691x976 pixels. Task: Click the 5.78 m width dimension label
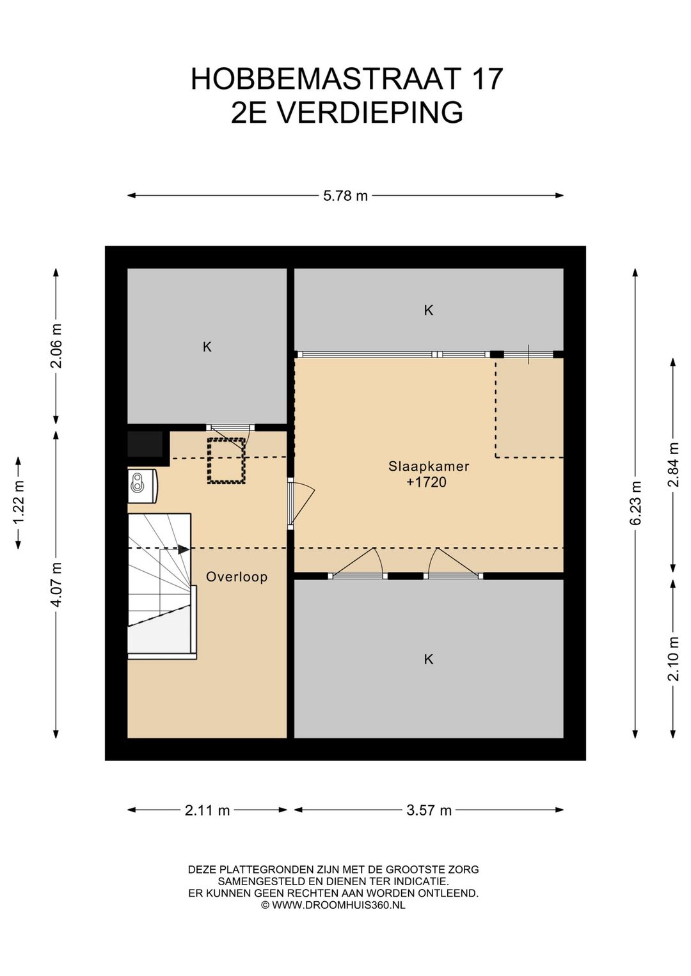click(345, 196)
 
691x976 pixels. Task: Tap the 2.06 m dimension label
click(57, 345)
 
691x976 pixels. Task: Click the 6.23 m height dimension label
click(636, 503)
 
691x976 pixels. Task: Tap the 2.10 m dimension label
click(674, 659)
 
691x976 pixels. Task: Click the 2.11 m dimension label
click(207, 810)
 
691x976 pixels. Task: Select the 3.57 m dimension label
click(429, 810)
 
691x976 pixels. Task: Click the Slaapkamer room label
click(429, 466)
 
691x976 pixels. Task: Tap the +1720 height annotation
click(426, 482)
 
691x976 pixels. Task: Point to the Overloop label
click(237, 578)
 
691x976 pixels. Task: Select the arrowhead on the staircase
click(184, 550)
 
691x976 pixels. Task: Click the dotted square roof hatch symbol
click(226, 461)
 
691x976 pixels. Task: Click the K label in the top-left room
click(207, 347)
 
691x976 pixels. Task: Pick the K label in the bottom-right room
click(429, 659)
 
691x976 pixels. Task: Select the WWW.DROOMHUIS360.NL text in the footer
click(338, 905)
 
